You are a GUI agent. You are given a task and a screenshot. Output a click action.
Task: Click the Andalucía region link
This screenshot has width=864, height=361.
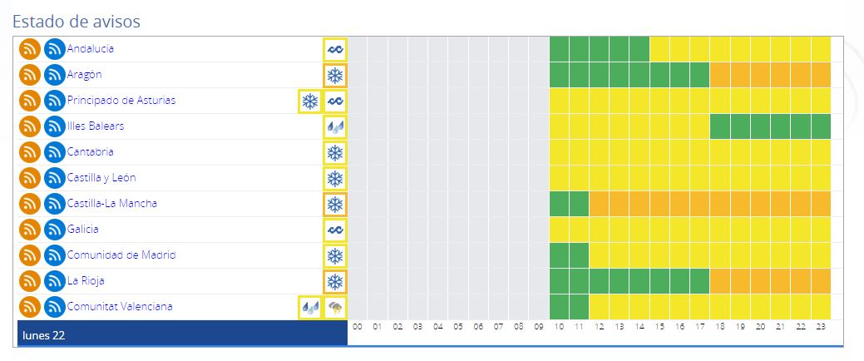pos(91,49)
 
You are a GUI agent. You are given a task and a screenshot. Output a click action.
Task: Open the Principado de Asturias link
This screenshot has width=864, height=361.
pos(121,101)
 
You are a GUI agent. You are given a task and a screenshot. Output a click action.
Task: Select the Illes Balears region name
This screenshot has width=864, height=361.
pos(96,126)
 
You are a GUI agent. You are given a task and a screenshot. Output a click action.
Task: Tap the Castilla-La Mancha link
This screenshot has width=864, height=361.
pos(112,204)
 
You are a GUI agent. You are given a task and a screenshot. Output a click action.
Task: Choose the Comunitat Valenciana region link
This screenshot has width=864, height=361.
pos(120,306)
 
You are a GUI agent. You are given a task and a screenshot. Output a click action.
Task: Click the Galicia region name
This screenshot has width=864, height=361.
pos(83,229)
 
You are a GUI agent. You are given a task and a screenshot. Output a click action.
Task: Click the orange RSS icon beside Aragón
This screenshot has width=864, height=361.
pos(30,76)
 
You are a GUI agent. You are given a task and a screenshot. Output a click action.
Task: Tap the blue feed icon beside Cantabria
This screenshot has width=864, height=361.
pos(55,153)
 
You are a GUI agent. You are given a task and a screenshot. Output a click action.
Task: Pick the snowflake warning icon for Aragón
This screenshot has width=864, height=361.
pos(335,76)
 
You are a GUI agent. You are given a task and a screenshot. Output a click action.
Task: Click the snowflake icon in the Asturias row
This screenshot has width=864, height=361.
pos(309,101)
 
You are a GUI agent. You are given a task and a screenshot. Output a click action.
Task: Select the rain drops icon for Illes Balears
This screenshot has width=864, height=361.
pos(335,127)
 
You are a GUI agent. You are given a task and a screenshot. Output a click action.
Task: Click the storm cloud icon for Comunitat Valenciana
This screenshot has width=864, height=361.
pos(335,308)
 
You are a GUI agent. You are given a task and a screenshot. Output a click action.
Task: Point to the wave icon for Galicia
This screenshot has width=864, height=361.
pos(335,230)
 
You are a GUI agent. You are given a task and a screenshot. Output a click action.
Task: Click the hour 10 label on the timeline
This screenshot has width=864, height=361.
pos(559,327)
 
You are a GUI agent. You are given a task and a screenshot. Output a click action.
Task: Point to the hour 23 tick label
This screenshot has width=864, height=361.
pos(820,327)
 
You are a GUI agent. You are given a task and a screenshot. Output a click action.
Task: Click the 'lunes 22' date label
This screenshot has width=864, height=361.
pos(44,335)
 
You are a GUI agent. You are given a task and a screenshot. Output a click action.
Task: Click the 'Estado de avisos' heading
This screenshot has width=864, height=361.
pos(77,19)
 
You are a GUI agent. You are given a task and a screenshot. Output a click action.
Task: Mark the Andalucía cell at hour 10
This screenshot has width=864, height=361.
pos(559,49)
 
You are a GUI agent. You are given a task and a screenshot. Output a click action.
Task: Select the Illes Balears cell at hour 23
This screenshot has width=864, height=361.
pos(820,126)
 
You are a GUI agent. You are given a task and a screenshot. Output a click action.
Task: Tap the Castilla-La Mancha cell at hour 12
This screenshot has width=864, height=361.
pos(599,204)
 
